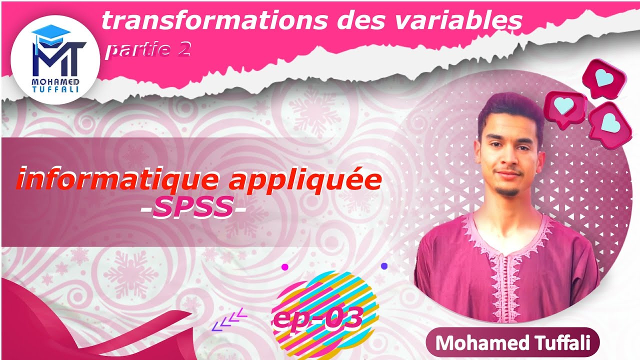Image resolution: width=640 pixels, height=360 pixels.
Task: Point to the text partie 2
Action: (x=147, y=50)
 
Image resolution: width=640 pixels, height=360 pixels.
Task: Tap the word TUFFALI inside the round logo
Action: (x=52, y=89)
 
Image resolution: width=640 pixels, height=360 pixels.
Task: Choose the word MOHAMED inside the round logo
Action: (x=52, y=81)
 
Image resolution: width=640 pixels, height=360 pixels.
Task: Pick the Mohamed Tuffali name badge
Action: (x=512, y=343)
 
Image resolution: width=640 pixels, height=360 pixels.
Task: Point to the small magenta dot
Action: (x=285, y=267)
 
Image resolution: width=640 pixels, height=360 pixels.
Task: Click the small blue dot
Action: (x=384, y=266)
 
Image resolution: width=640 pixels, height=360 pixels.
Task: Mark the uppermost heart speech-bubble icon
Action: (x=603, y=77)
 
